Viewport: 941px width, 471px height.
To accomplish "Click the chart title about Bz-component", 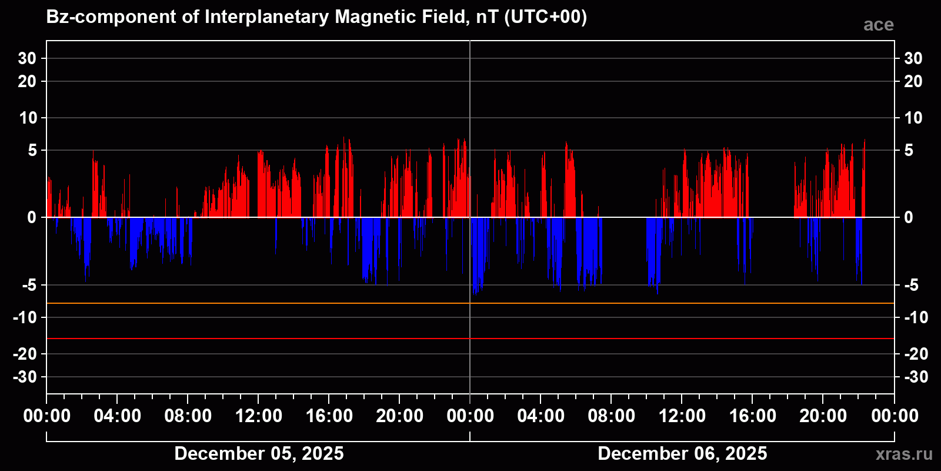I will coord(316,17).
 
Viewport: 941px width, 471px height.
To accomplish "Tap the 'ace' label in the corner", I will coord(878,25).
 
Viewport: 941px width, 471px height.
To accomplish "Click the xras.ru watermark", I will coord(904,454).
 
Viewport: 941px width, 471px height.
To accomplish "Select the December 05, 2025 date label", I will coord(259,453).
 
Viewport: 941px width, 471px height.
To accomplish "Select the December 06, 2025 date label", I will coord(682,453).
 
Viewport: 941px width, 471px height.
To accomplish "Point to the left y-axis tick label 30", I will coord(27,58).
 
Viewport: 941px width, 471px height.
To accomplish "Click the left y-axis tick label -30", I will coord(25,377).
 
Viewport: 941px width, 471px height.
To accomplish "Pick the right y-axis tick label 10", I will coord(913,118).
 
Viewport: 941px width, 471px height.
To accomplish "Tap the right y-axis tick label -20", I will coord(915,354).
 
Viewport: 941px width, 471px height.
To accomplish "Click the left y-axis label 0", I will coord(32,217).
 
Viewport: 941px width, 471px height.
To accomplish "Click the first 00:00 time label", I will coord(47,416).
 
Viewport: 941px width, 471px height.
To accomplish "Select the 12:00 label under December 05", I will coord(259,416).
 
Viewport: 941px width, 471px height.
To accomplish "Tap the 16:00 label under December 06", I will coord(753,416).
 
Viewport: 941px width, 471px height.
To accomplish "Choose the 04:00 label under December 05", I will coord(118,416).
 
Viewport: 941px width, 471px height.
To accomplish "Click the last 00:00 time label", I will coord(895,416).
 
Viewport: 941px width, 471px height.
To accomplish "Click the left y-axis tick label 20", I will coord(27,81).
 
